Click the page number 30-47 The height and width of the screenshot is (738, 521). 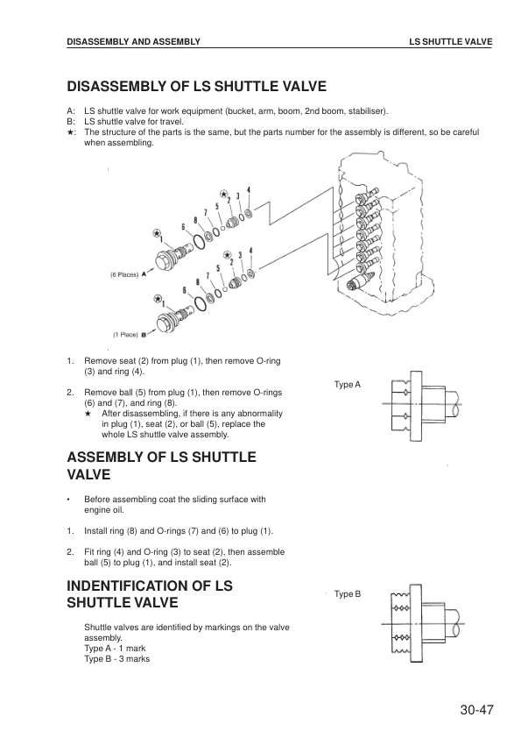coord(477,710)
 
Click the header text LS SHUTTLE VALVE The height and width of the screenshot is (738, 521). coord(450,42)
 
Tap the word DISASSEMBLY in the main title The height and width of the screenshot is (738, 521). coord(117,87)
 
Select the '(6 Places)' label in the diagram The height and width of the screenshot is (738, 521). coord(124,274)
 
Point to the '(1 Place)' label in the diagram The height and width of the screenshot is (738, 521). coord(125,335)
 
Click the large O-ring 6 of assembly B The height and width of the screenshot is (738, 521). coord(200,303)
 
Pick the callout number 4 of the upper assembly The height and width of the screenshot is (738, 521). coord(249,189)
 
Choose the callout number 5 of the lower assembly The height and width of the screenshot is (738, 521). coord(218,268)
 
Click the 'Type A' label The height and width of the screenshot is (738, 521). coord(348,385)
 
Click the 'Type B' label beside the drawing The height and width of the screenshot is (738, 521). coord(348,594)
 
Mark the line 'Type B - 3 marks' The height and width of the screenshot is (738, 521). coord(117,659)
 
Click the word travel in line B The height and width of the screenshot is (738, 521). coord(169,122)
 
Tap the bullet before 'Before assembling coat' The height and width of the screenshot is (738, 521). coord(68,500)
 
